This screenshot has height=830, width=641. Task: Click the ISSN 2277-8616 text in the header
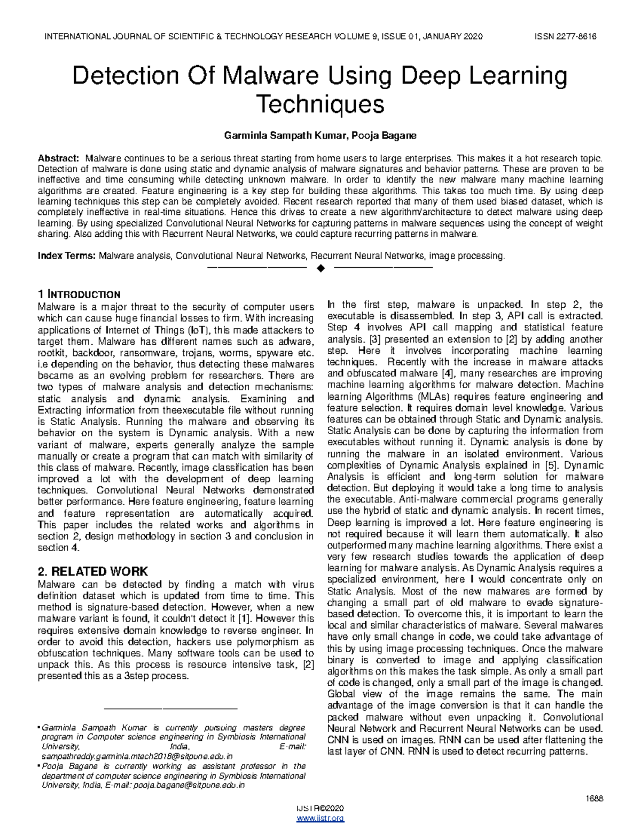(565, 37)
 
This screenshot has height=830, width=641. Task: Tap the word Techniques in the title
(320, 104)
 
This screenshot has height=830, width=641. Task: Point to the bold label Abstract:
(58, 158)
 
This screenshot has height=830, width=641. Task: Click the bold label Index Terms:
(66, 256)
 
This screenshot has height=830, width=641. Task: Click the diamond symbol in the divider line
(320, 267)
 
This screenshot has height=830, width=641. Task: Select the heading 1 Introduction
(79, 294)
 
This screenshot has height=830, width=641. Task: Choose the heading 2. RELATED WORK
(92, 571)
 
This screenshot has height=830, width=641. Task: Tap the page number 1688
(594, 798)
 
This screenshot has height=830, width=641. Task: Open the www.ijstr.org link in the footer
(320, 818)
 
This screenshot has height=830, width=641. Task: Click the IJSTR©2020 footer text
(320, 808)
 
